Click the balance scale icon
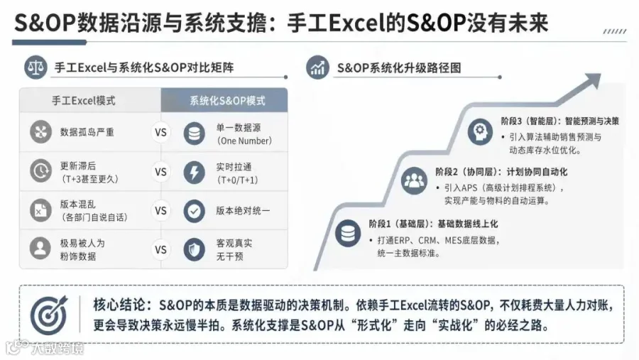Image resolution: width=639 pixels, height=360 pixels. tap(35, 67)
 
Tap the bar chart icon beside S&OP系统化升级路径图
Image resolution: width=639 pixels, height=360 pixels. tap(317, 67)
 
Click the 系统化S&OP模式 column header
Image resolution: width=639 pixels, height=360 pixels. tap(224, 100)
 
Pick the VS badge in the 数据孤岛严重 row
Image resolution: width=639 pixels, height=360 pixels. tap(160, 133)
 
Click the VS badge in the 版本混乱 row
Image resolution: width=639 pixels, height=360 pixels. tap(160, 211)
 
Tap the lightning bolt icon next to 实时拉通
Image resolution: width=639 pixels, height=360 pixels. tap(195, 172)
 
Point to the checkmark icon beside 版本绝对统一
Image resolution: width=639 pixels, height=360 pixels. tap(195, 211)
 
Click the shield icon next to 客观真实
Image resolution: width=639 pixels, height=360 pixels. tap(195, 249)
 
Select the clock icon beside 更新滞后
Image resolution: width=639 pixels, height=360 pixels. tap(40, 171)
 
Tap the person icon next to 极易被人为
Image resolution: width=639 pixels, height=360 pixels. tap(40, 249)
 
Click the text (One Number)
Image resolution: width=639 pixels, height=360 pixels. tap(244, 141)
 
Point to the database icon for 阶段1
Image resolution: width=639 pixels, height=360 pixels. tap(348, 233)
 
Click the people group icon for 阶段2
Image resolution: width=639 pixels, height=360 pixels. tap(414, 180)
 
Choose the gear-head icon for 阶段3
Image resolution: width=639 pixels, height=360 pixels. tap(480, 131)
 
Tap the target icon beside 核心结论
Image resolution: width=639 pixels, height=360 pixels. tap(49, 315)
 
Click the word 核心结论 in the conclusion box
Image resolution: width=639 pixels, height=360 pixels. tap(119, 305)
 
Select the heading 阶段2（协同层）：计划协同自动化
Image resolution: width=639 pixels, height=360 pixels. tap(501, 172)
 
